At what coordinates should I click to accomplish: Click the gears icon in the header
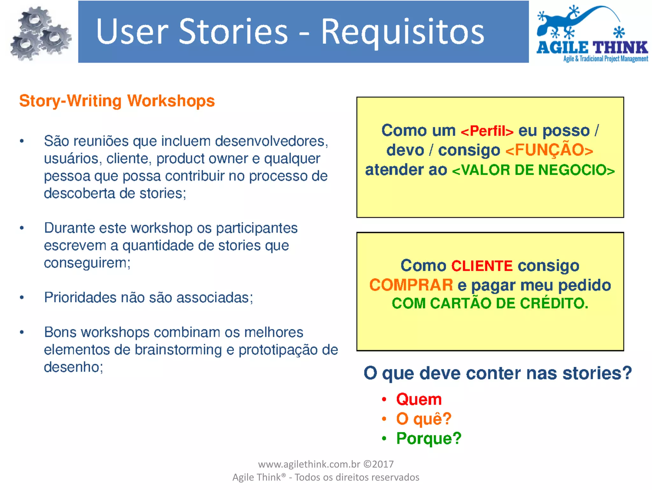(40, 33)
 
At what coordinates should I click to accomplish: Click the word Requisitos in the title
(402, 32)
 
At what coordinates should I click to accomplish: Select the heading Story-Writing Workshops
(117, 101)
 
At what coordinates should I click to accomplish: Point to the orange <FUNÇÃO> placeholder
(549, 150)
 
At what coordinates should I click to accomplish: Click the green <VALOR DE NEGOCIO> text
(533, 170)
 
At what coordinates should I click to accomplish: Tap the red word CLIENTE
(482, 266)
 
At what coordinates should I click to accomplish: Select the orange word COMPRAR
(411, 285)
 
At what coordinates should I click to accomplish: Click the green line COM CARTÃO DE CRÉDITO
(490, 303)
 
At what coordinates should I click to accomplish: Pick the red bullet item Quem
(419, 399)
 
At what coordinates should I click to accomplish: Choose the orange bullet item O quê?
(423, 419)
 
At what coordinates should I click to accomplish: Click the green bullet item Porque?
(429, 438)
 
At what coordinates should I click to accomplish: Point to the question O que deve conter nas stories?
(497, 373)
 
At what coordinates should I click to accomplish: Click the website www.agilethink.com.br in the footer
(309, 464)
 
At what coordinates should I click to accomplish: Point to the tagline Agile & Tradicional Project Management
(606, 59)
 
